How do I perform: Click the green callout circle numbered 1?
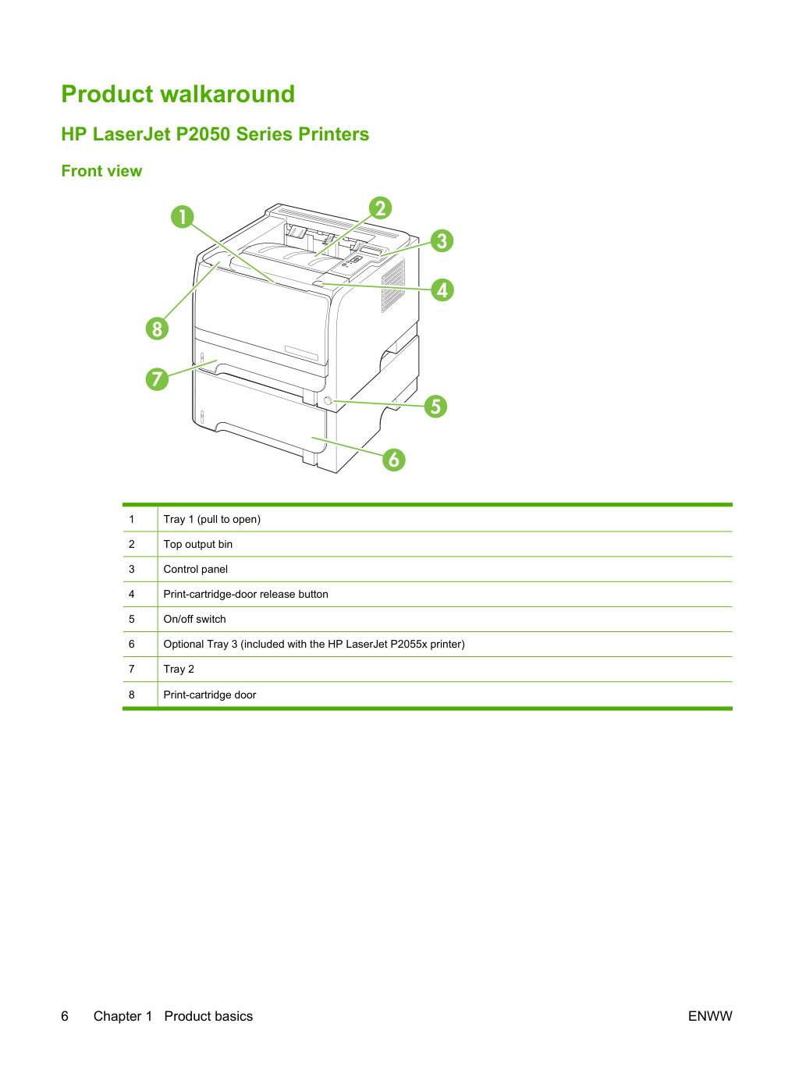[183, 217]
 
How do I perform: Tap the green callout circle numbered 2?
[380, 208]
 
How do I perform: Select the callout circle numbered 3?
[442, 241]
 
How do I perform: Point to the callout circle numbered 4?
[442, 290]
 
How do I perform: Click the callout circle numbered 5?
[435, 407]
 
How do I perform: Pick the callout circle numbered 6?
[394, 460]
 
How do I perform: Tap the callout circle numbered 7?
[157, 378]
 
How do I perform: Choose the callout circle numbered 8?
[157, 329]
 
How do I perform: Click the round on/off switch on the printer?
[328, 401]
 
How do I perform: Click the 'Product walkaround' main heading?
[178, 94]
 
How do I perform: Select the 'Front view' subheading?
[101, 171]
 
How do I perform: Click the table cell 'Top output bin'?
[198, 544]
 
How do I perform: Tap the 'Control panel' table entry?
[196, 569]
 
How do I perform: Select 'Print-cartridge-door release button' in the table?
[246, 594]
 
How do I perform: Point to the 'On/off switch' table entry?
[194, 619]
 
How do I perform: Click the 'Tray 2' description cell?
[179, 669]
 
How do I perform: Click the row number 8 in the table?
[132, 695]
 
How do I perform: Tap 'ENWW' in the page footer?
[710, 1016]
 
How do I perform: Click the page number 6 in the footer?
[65, 1016]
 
